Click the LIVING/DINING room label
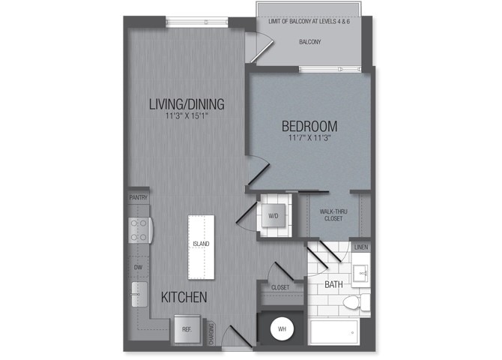187,104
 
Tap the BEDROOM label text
309,126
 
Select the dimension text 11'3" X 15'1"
187,116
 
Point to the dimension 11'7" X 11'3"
309,137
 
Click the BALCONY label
309,42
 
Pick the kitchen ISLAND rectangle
201,244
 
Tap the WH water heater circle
282,328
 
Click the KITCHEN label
184,298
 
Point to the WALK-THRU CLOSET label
331,215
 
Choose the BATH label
334,285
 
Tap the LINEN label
361,247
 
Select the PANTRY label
139,197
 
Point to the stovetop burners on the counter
138,229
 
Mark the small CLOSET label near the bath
280,286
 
